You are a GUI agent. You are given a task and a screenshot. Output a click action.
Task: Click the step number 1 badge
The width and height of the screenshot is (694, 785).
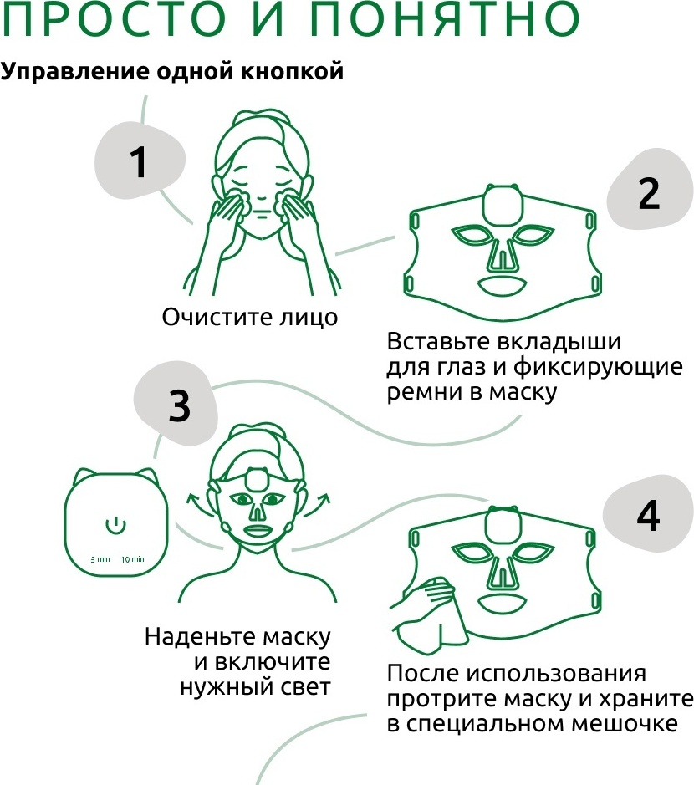coord(140,161)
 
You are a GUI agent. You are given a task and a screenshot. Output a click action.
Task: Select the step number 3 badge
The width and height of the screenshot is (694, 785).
coord(176,405)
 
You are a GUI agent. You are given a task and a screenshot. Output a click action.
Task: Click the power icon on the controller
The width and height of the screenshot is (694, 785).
coord(115,525)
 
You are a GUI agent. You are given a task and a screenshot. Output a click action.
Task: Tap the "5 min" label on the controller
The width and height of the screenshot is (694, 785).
coord(100,559)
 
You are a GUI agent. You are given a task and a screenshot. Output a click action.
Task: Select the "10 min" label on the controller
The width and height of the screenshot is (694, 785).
coord(132,559)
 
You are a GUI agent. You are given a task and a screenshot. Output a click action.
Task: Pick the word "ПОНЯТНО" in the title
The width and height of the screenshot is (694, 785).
coord(444,19)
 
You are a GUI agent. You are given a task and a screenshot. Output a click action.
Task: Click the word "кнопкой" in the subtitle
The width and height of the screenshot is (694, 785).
coord(293,71)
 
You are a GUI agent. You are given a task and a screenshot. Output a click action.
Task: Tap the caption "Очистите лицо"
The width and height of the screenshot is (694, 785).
coord(249,317)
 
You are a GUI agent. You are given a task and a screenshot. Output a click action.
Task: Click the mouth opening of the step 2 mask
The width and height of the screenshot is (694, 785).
coord(501,287)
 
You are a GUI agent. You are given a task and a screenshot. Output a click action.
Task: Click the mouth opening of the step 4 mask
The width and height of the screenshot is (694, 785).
coord(500,603)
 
